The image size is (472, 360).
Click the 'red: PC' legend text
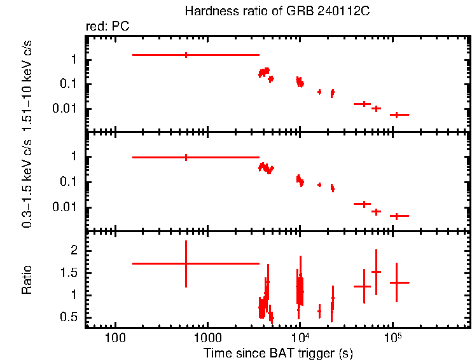pyautogui.click(x=108, y=27)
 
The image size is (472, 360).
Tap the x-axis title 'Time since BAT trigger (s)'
pyautogui.click(x=278, y=352)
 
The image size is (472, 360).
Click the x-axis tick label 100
pyautogui.click(x=115, y=338)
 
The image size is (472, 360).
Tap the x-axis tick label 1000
pyautogui.click(x=207, y=338)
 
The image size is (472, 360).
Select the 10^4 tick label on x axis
pyautogui.click(x=300, y=336)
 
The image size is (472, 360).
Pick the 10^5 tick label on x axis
pyautogui.click(x=392, y=336)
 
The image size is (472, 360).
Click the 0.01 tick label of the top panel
pyautogui.click(x=66, y=109)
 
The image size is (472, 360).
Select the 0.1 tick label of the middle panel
pyautogui.click(x=69, y=182)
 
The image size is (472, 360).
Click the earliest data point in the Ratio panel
pyautogui.click(x=186, y=263)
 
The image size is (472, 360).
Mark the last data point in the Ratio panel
pyautogui.click(x=396, y=282)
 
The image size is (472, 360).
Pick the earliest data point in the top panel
pyautogui.click(x=186, y=55)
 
